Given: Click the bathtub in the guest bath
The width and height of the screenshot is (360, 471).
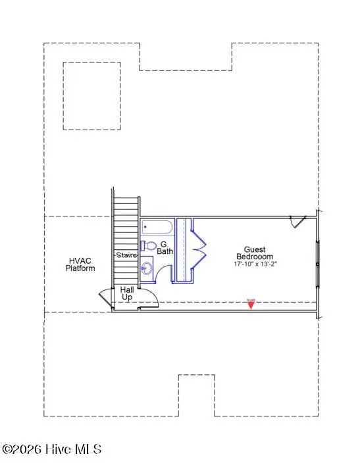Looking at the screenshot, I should pyautogui.click(x=157, y=227).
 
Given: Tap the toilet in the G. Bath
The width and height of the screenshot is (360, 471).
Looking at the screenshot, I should pyautogui.click(x=149, y=247).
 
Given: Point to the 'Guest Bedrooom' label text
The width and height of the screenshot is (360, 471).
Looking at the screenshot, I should pyautogui.click(x=254, y=253).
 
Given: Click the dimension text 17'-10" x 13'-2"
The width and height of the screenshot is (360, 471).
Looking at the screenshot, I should pyautogui.click(x=254, y=264).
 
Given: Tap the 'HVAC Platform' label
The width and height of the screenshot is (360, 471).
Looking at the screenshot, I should pyautogui.click(x=81, y=264).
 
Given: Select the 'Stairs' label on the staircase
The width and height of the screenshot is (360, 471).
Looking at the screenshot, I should pyautogui.click(x=126, y=255).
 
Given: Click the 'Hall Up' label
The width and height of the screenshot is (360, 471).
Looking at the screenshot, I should pyautogui.click(x=127, y=293).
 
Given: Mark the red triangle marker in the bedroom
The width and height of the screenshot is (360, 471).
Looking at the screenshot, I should pyautogui.click(x=250, y=304).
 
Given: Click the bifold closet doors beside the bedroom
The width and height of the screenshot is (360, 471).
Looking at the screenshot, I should pyautogui.click(x=200, y=249).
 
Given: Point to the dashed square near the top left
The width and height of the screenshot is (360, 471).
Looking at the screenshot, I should pyautogui.click(x=91, y=95).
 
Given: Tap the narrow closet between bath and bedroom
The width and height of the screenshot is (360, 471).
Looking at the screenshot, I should pyautogui.click(x=184, y=249).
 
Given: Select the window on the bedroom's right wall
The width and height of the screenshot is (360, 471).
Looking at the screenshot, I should pyautogui.click(x=318, y=263).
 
